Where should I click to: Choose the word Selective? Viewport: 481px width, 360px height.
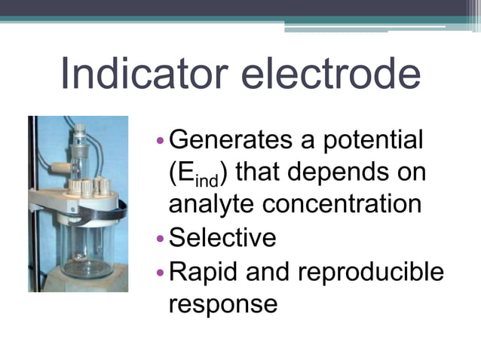[222, 238]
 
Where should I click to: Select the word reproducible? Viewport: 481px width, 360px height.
[372, 271]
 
